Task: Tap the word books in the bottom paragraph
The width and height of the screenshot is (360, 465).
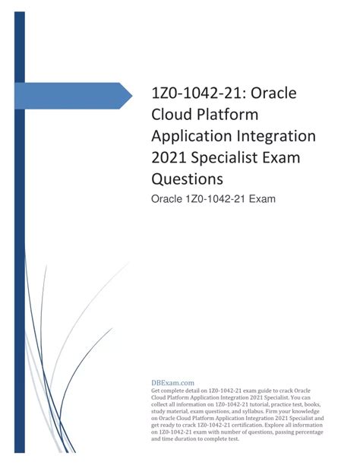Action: coord(333,403)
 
